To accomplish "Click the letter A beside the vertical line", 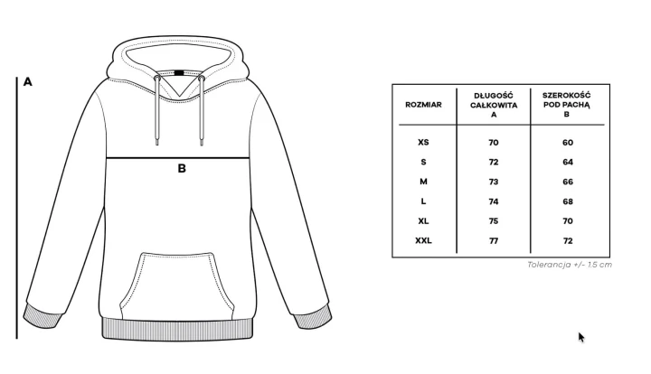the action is pos(27,81).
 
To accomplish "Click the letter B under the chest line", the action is pos(182,168).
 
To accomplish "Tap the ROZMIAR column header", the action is pos(423,105).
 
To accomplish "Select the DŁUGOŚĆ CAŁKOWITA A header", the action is pos(494,105).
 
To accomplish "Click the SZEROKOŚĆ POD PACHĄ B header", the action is pos(567,105).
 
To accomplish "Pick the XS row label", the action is pos(423,142).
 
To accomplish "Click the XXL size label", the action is pos(423,240).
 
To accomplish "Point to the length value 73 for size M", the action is pos(494,182).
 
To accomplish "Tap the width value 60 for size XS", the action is pos(568,143).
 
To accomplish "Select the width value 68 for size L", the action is pos(568,201).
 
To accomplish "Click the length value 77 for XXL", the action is pos(494,241).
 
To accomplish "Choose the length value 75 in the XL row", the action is pos(494,221).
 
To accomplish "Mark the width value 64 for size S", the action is pos(568,162).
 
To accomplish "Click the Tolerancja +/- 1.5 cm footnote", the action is pos(570,265).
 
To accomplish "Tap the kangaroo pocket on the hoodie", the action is pos(177,286).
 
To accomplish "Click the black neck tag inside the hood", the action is pos(179,73).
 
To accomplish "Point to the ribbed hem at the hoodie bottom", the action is pos(177,329).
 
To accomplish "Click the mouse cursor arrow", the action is pos(581,337).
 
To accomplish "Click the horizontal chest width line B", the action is pos(178,158).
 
